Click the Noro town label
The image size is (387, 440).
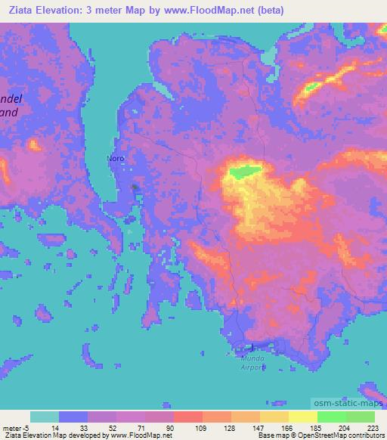115,159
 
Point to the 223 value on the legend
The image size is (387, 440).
373,428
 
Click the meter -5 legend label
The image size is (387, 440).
17,428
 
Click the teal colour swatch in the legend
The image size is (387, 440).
45,417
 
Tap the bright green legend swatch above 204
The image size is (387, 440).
332,417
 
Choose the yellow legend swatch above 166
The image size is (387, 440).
274,417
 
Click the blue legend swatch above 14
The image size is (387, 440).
73,417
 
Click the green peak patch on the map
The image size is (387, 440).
243,172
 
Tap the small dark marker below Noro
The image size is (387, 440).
135,187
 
